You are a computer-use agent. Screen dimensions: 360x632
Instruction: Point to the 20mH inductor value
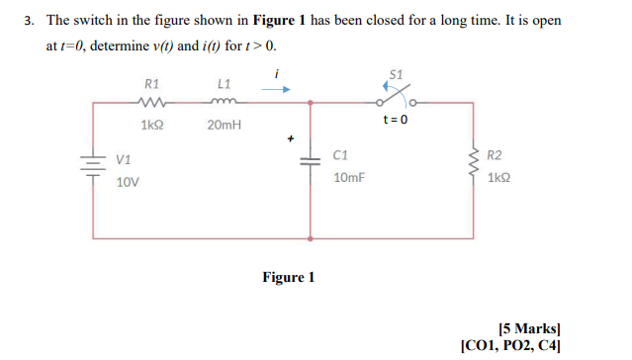(x=223, y=126)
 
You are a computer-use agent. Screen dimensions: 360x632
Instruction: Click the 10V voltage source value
(x=128, y=183)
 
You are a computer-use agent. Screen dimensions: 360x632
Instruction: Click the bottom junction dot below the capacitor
(x=312, y=238)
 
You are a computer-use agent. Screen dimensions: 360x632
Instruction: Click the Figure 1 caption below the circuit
(x=289, y=277)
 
